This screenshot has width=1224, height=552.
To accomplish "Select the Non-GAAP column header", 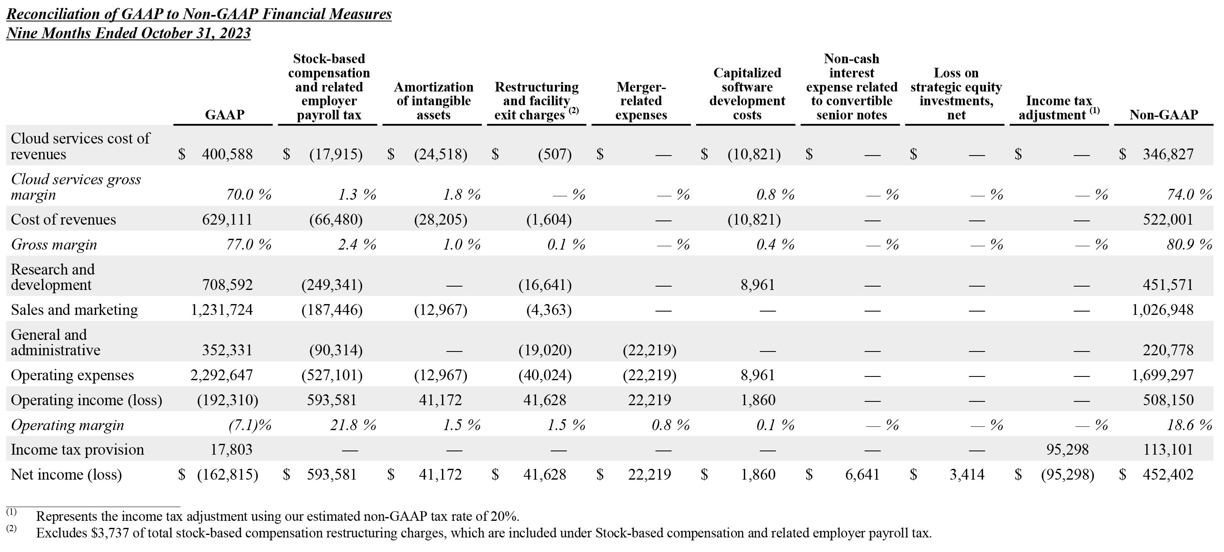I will tap(1163, 114).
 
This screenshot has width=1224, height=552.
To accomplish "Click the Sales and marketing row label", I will tap(74, 309).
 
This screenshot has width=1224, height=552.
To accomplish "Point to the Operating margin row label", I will tap(67, 425).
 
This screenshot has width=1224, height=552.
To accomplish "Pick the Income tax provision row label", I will tap(77, 449).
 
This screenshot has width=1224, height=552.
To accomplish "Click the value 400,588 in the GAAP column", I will tap(227, 154).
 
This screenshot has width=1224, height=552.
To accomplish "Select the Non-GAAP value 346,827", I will tap(1168, 154).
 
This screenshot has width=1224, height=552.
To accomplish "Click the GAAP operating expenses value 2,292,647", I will tap(222, 375).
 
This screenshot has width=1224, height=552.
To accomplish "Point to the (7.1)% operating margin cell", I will tap(250, 425).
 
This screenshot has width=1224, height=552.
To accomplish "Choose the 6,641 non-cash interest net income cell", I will tap(862, 474).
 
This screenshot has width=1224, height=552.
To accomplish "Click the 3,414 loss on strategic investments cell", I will tap(967, 474).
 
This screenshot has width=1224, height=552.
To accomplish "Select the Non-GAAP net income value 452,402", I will tap(1168, 474).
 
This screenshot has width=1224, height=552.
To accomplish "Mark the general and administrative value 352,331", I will tap(227, 350).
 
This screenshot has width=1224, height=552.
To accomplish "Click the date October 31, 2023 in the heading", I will tap(195, 33).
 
